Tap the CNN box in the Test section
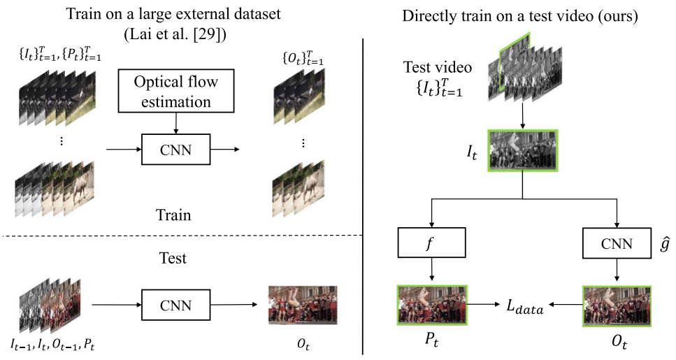point(176,305)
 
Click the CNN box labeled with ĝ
point(617,243)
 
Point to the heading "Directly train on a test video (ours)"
point(520,15)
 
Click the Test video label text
point(438,68)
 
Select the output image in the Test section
point(303,305)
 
